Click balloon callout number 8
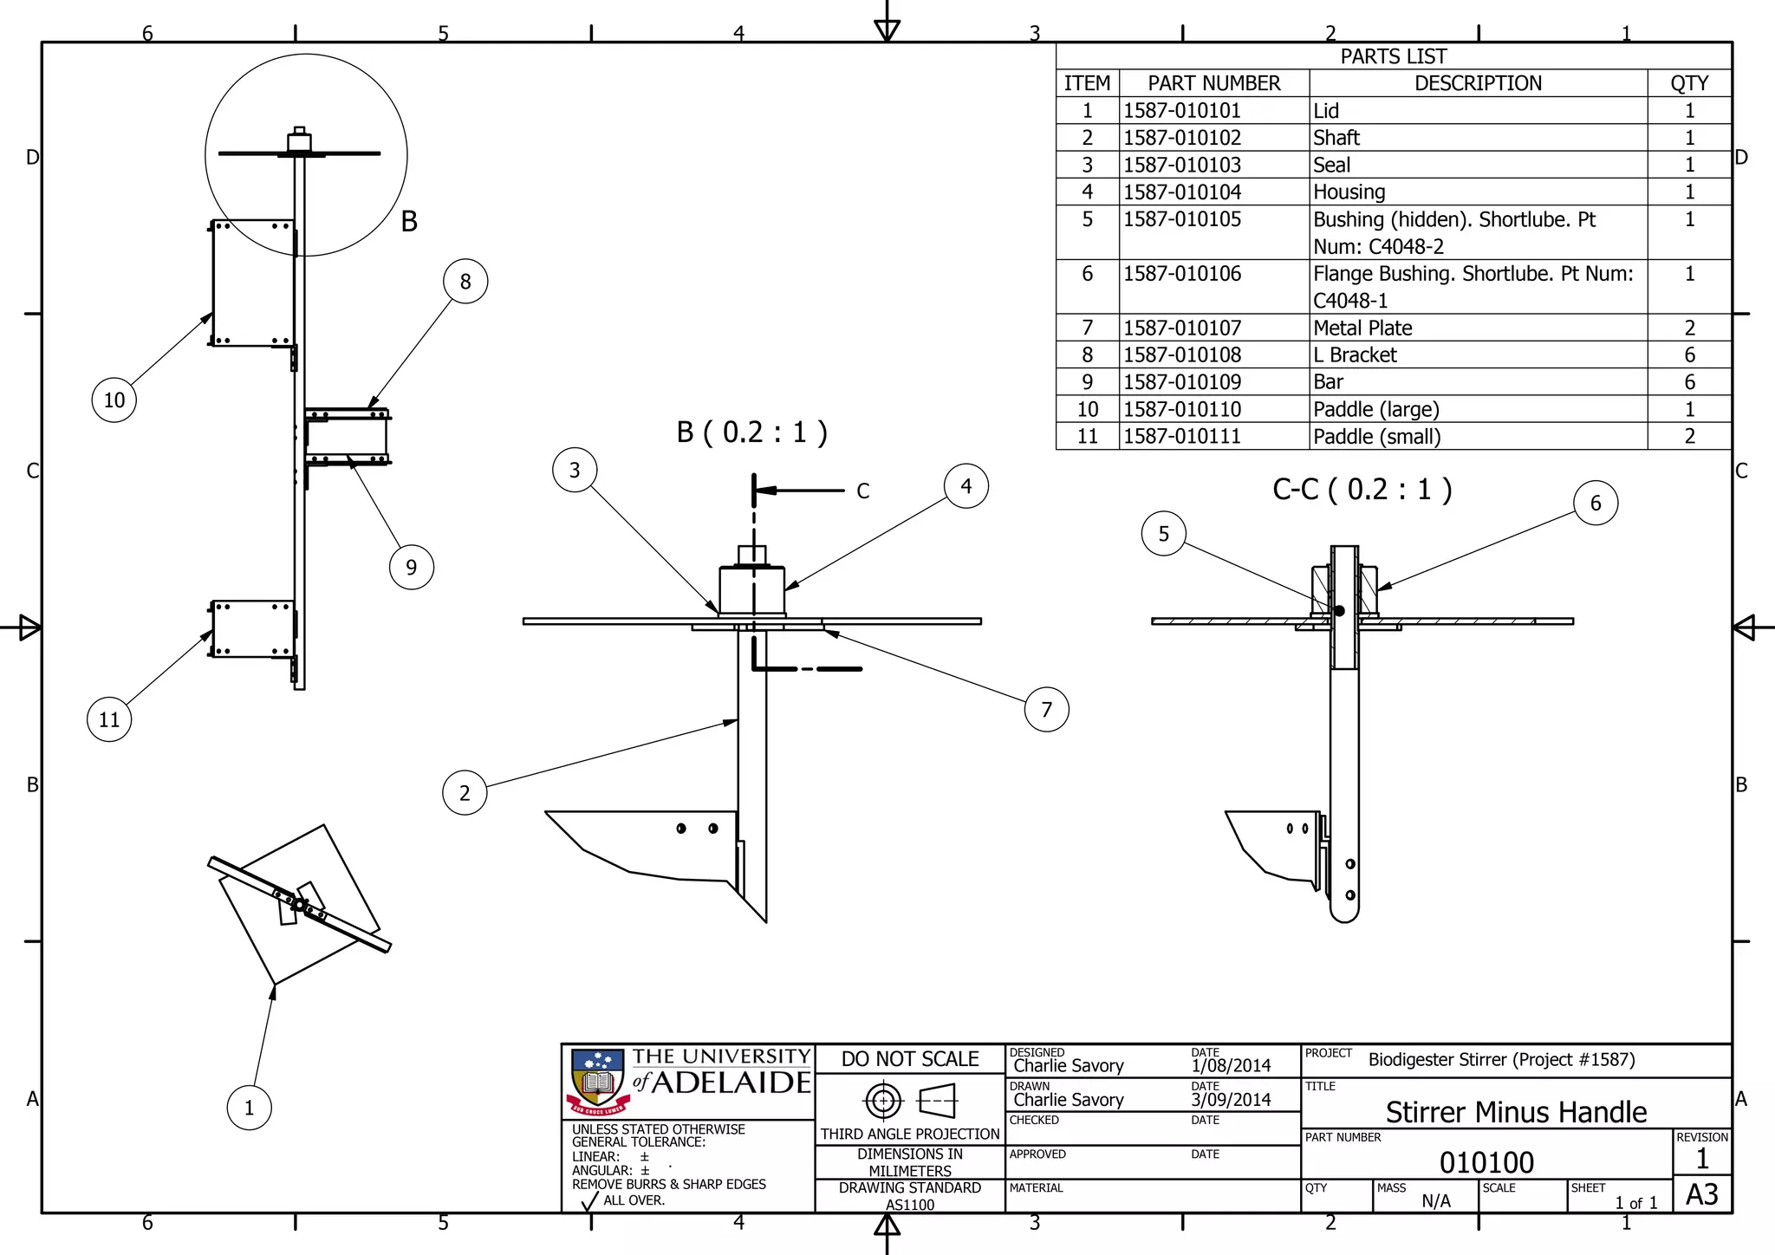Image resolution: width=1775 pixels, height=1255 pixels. pyautogui.click(x=465, y=282)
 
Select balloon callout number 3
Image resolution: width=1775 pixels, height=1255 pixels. pyautogui.click(x=575, y=470)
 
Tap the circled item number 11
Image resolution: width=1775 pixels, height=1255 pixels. pyautogui.click(x=109, y=719)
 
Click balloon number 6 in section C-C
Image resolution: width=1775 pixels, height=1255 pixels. pyautogui.click(x=1596, y=503)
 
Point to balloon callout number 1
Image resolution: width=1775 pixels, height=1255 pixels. pyautogui.click(x=249, y=1108)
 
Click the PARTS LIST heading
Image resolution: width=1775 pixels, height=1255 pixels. pyautogui.click(x=1393, y=56)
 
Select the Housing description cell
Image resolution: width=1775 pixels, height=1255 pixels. pyautogui.click(x=1349, y=192)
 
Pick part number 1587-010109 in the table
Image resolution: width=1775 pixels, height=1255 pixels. pyautogui.click(x=1182, y=382)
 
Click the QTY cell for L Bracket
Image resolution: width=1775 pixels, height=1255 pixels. pyautogui.click(x=1689, y=354)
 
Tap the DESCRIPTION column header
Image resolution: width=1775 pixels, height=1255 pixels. pyautogui.click(x=1478, y=83)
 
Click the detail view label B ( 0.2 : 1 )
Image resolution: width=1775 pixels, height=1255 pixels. pyautogui.click(x=751, y=432)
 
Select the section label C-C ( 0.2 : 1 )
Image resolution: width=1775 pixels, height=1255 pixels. pyautogui.click(x=1362, y=489)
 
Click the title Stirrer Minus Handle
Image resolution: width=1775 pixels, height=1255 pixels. pyautogui.click(x=1516, y=1112)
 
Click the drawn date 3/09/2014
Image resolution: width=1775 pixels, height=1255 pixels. pyautogui.click(x=1231, y=1100)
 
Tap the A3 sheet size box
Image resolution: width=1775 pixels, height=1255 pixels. pyautogui.click(x=1701, y=1194)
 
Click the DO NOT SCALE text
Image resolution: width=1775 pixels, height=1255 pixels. pyautogui.click(x=910, y=1059)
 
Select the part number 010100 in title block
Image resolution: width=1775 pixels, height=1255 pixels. pyautogui.click(x=1486, y=1162)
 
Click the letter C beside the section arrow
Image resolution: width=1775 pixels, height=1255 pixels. pyautogui.click(x=862, y=491)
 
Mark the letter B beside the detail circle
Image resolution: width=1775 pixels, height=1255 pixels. pyautogui.click(x=409, y=222)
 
